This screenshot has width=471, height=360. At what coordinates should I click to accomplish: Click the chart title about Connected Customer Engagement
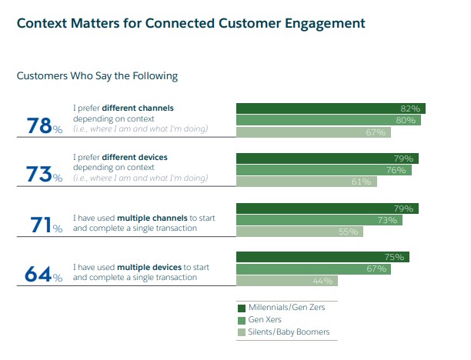coord(191,23)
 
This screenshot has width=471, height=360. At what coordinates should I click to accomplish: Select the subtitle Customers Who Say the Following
coord(97,75)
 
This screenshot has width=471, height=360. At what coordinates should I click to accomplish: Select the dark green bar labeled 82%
coord(330,108)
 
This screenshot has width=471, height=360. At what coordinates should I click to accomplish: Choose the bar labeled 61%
coord(306,182)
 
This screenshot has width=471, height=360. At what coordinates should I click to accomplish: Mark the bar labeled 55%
coord(299,232)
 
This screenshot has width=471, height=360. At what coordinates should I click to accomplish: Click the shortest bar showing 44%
coord(286,281)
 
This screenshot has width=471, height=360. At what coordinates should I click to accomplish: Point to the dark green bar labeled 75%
coord(322,257)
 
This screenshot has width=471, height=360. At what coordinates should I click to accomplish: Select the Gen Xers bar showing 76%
coord(323,170)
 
